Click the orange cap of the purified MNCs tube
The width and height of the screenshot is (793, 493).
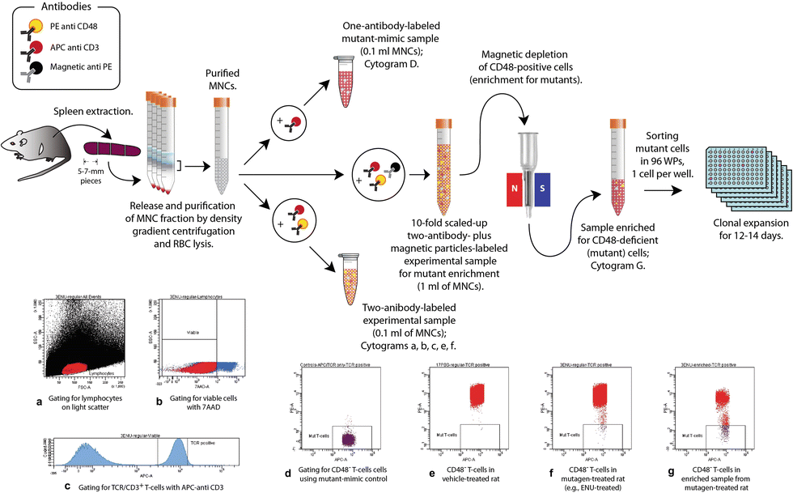[223, 104]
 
